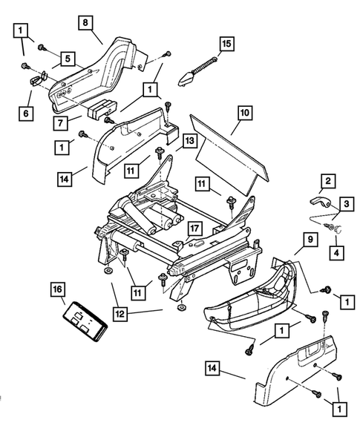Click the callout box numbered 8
coord(88,23)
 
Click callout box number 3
coord(347,202)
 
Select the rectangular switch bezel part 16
coord(84,320)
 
